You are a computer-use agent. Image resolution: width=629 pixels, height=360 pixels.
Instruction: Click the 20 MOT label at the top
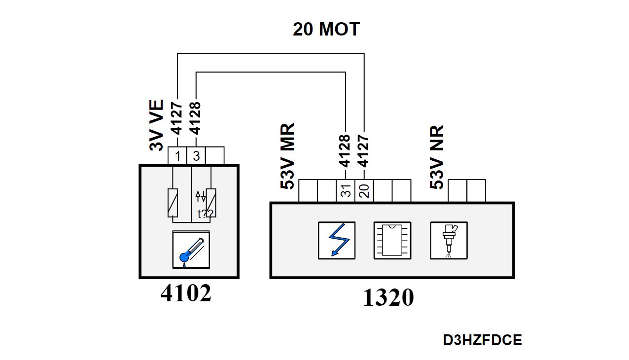(x=326, y=30)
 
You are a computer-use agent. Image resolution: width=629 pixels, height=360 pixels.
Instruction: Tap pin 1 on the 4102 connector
(x=177, y=156)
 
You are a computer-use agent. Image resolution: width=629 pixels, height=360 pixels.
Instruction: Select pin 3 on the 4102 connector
(x=196, y=156)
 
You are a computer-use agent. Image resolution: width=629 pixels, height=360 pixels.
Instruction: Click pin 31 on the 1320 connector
(x=346, y=191)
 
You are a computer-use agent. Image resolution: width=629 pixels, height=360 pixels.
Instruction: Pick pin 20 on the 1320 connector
(x=364, y=191)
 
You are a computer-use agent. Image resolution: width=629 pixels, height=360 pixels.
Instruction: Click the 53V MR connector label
(x=288, y=156)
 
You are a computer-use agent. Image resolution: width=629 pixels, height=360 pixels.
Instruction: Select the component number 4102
(x=186, y=294)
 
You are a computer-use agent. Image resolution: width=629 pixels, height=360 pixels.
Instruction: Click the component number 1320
(x=388, y=298)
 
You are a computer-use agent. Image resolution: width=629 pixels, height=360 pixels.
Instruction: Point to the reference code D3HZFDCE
(x=482, y=340)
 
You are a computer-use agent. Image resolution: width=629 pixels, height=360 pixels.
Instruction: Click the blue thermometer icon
(x=190, y=250)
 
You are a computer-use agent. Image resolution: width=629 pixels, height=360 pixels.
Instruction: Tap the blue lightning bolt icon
(x=337, y=240)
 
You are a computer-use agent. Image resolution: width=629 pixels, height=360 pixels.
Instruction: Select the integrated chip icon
(x=392, y=240)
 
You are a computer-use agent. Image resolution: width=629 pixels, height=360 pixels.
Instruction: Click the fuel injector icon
(x=449, y=240)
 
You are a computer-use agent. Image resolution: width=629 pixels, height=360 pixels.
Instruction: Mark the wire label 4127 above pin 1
(x=177, y=118)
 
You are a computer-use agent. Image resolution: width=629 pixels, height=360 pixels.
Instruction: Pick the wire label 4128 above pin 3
(x=196, y=118)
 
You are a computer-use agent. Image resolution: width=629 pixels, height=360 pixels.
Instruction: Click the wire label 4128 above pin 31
(x=346, y=151)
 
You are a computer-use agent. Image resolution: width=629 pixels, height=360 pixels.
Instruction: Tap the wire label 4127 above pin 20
(x=364, y=151)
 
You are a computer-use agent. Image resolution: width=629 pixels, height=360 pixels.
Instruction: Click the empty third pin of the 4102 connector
(x=215, y=156)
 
